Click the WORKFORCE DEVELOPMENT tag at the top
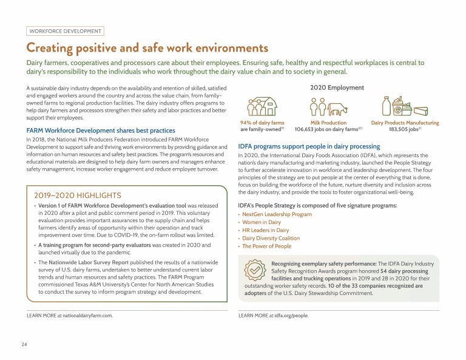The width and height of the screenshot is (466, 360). [66, 31]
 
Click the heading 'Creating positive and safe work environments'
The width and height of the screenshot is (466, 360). [147, 48]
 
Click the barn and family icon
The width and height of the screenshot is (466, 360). [262, 107]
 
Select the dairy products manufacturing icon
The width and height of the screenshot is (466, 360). [405, 107]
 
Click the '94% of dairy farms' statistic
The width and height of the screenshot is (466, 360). [262, 123]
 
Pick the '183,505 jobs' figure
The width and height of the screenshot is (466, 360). [405, 129]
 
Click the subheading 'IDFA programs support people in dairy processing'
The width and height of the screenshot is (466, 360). [309, 146]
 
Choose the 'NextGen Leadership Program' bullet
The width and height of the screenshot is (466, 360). [277, 214]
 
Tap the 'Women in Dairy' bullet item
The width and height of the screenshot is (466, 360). [262, 222]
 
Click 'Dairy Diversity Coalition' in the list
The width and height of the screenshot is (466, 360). [271, 239]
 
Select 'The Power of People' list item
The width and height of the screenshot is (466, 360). [266, 246]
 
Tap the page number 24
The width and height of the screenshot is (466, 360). [24, 345]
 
